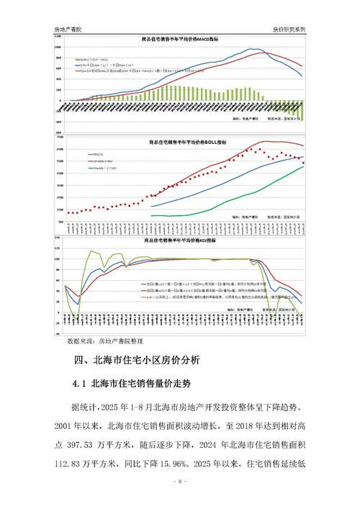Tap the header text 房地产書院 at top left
(70, 30)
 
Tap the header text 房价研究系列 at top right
(289, 30)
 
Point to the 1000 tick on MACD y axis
(58, 46)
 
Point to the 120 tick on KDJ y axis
(58, 249)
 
